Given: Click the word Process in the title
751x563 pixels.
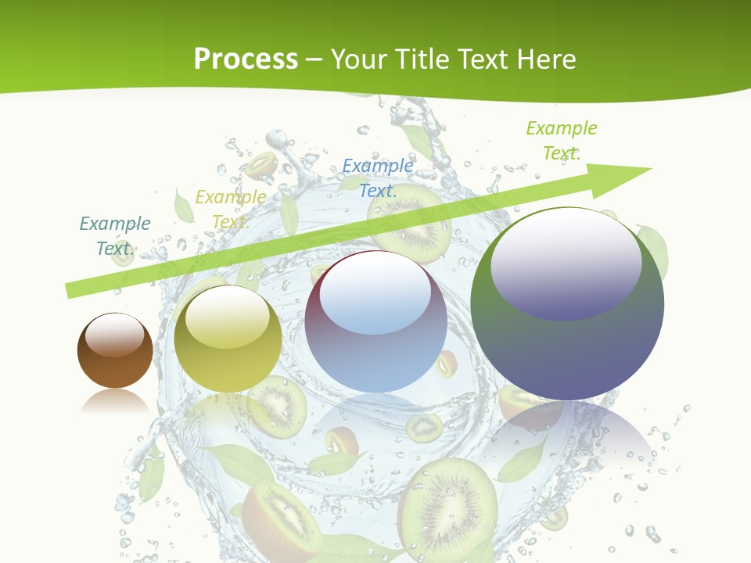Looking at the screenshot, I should pos(246,59).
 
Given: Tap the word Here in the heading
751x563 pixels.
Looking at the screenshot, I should pos(546,59).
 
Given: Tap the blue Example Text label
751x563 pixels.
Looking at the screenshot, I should pos(377,178).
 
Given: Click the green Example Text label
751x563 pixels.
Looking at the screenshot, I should pos(561,140).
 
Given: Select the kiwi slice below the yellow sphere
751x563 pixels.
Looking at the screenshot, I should pos(275,407).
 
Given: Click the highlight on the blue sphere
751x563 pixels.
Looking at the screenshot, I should pos(375,293).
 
